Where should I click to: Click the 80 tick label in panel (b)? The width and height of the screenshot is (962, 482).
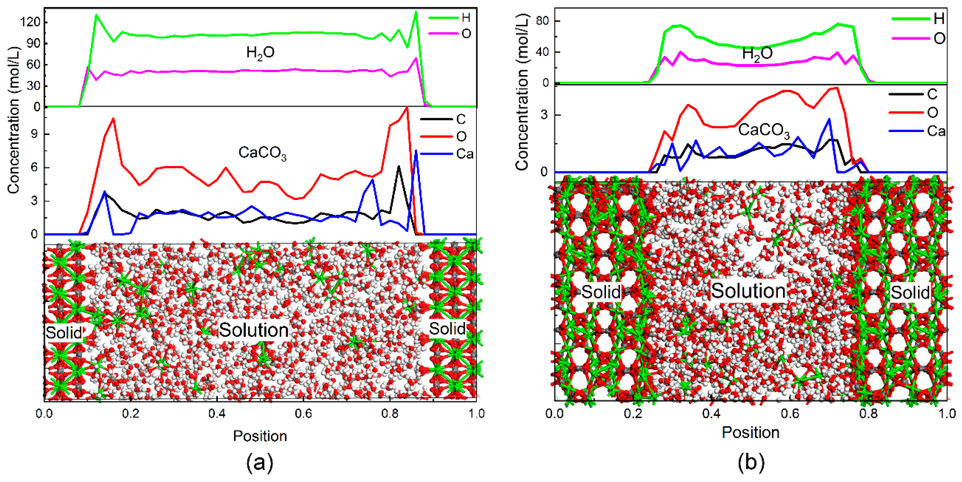543,21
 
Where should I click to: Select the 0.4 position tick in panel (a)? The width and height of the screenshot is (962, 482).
217,414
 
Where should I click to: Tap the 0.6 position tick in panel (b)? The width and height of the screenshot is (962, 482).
790,414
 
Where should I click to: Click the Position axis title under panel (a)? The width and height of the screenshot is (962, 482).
260,436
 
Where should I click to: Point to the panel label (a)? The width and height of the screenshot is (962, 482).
260,463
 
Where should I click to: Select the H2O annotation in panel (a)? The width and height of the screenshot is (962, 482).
260,53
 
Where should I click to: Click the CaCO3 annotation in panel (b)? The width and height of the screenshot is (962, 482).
764,130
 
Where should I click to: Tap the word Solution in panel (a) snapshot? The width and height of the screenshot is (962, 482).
254,330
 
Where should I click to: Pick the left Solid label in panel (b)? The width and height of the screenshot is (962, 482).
601,292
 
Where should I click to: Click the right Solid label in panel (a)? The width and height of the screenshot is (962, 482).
447,329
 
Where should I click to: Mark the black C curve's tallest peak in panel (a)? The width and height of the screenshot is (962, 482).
399,167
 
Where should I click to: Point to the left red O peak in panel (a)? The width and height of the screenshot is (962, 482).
113,118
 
